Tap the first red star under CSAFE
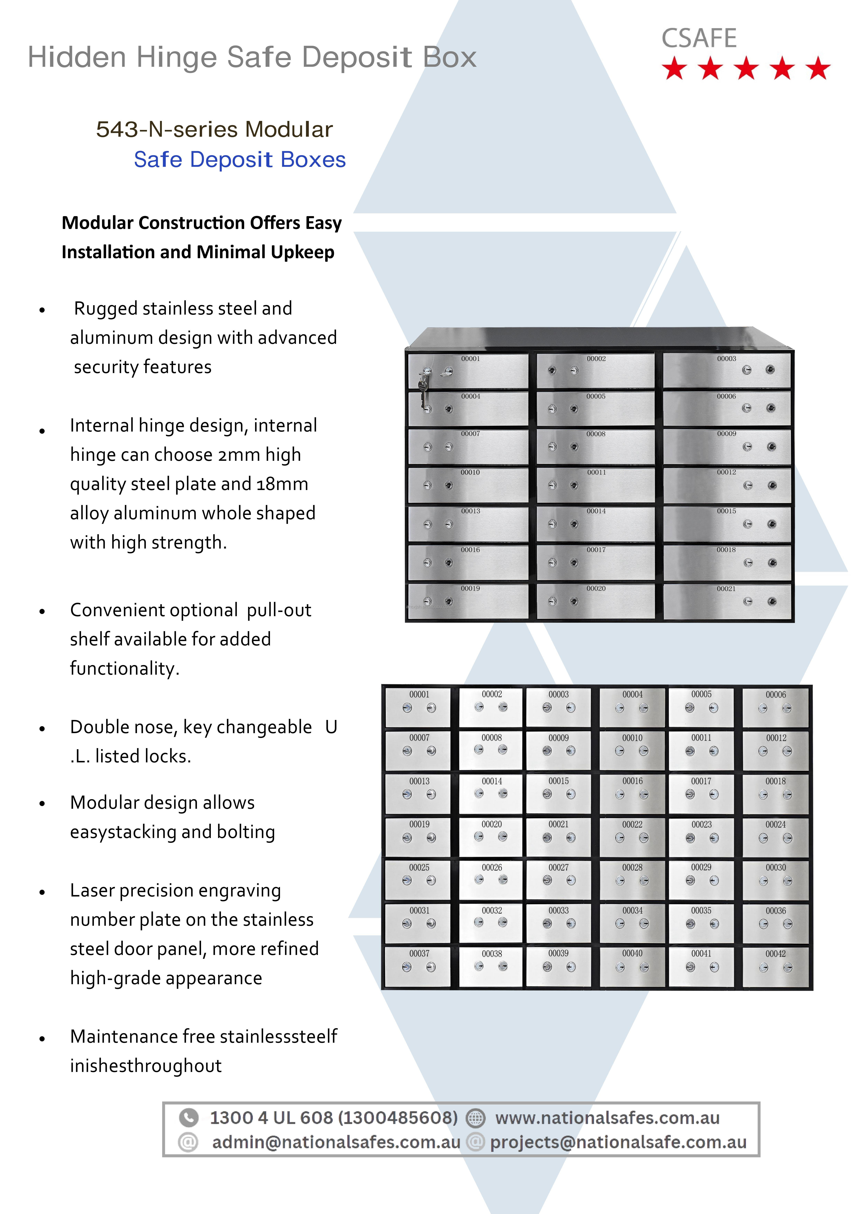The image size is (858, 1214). pos(675,69)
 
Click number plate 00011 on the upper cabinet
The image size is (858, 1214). pos(596,472)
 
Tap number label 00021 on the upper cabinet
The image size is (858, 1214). pos(726,588)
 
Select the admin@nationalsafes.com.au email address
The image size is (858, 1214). pos(336,1142)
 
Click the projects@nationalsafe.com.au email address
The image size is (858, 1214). pos(618,1142)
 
